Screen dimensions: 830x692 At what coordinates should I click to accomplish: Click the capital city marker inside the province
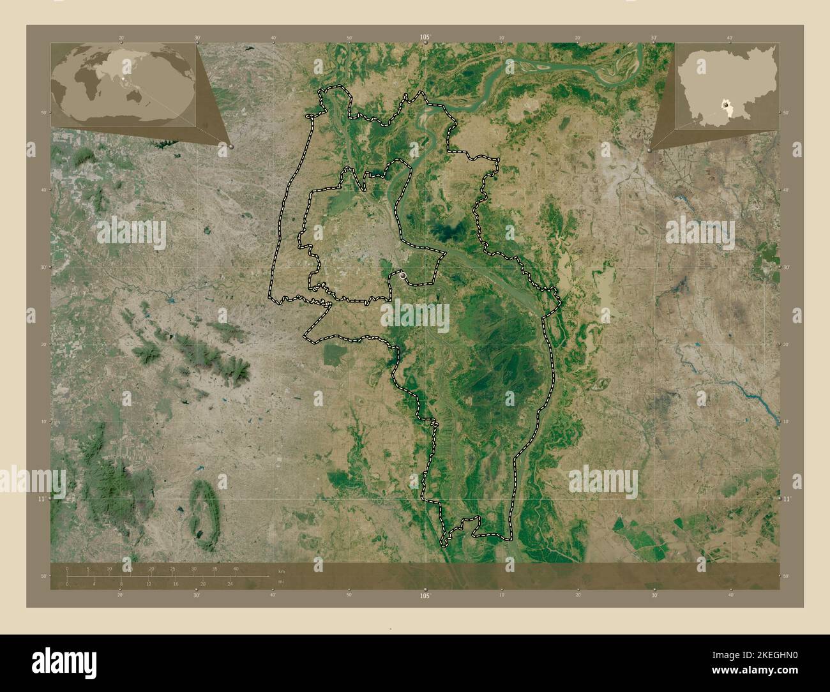click(x=403, y=276)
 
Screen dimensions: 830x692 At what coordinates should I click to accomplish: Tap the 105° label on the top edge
click(x=425, y=38)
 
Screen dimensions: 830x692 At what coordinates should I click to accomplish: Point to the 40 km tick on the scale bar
click(x=236, y=568)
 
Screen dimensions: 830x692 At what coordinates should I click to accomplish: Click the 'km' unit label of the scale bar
click(x=282, y=570)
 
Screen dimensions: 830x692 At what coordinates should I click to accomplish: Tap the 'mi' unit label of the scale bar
click(x=282, y=582)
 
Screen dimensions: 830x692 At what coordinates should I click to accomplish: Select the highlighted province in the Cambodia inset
click(x=726, y=103)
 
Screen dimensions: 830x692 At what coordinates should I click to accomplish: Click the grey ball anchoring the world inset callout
click(x=230, y=146)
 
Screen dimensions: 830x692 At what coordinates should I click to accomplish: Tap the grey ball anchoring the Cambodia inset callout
click(x=649, y=149)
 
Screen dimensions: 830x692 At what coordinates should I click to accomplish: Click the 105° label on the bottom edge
click(x=425, y=595)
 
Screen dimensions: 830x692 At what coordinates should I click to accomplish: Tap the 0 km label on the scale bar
click(x=67, y=568)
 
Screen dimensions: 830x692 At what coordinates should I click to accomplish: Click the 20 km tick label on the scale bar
click(x=151, y=568)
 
